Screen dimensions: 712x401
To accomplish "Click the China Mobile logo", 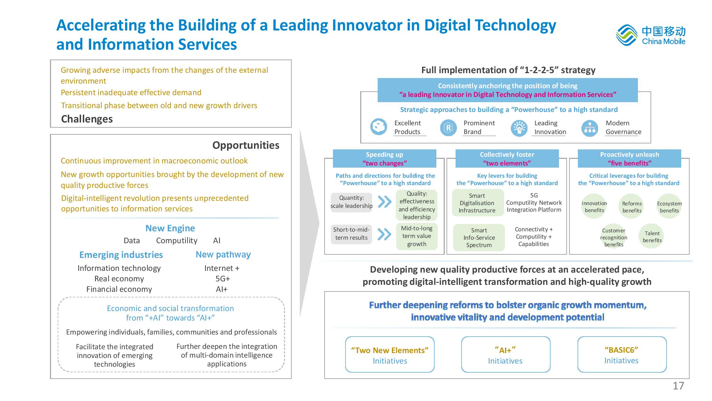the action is pos(651,35).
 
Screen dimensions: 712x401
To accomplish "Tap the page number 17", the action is pos(678,386).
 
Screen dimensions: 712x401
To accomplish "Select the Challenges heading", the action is pos(87,119).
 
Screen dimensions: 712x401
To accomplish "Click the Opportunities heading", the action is pos(246,145).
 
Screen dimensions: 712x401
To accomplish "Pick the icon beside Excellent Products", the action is pos(378,127).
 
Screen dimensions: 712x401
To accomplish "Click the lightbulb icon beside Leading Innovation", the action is pos(519,128).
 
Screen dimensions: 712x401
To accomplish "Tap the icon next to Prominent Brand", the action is pos(448,128).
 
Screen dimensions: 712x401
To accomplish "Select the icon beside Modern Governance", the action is pos(590,128).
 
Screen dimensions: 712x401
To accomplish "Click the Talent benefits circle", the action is pos(652,237).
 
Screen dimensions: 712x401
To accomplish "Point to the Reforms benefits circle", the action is pos(632,207).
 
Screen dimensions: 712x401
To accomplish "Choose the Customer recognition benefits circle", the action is pos(613,237).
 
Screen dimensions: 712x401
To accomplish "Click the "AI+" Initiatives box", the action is pos(506,354).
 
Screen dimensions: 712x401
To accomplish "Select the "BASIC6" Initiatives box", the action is pos(622,354).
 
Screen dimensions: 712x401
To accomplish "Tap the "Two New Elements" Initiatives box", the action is pos(390,354).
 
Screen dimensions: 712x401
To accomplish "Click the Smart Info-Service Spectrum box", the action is pos(479,238).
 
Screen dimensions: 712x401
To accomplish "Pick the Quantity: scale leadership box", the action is pos(351,202).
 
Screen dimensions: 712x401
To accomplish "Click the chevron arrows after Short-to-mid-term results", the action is pos(384,234).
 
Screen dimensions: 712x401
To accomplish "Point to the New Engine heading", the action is pos(170,228).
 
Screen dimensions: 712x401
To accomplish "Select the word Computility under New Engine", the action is pos(177,241).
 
